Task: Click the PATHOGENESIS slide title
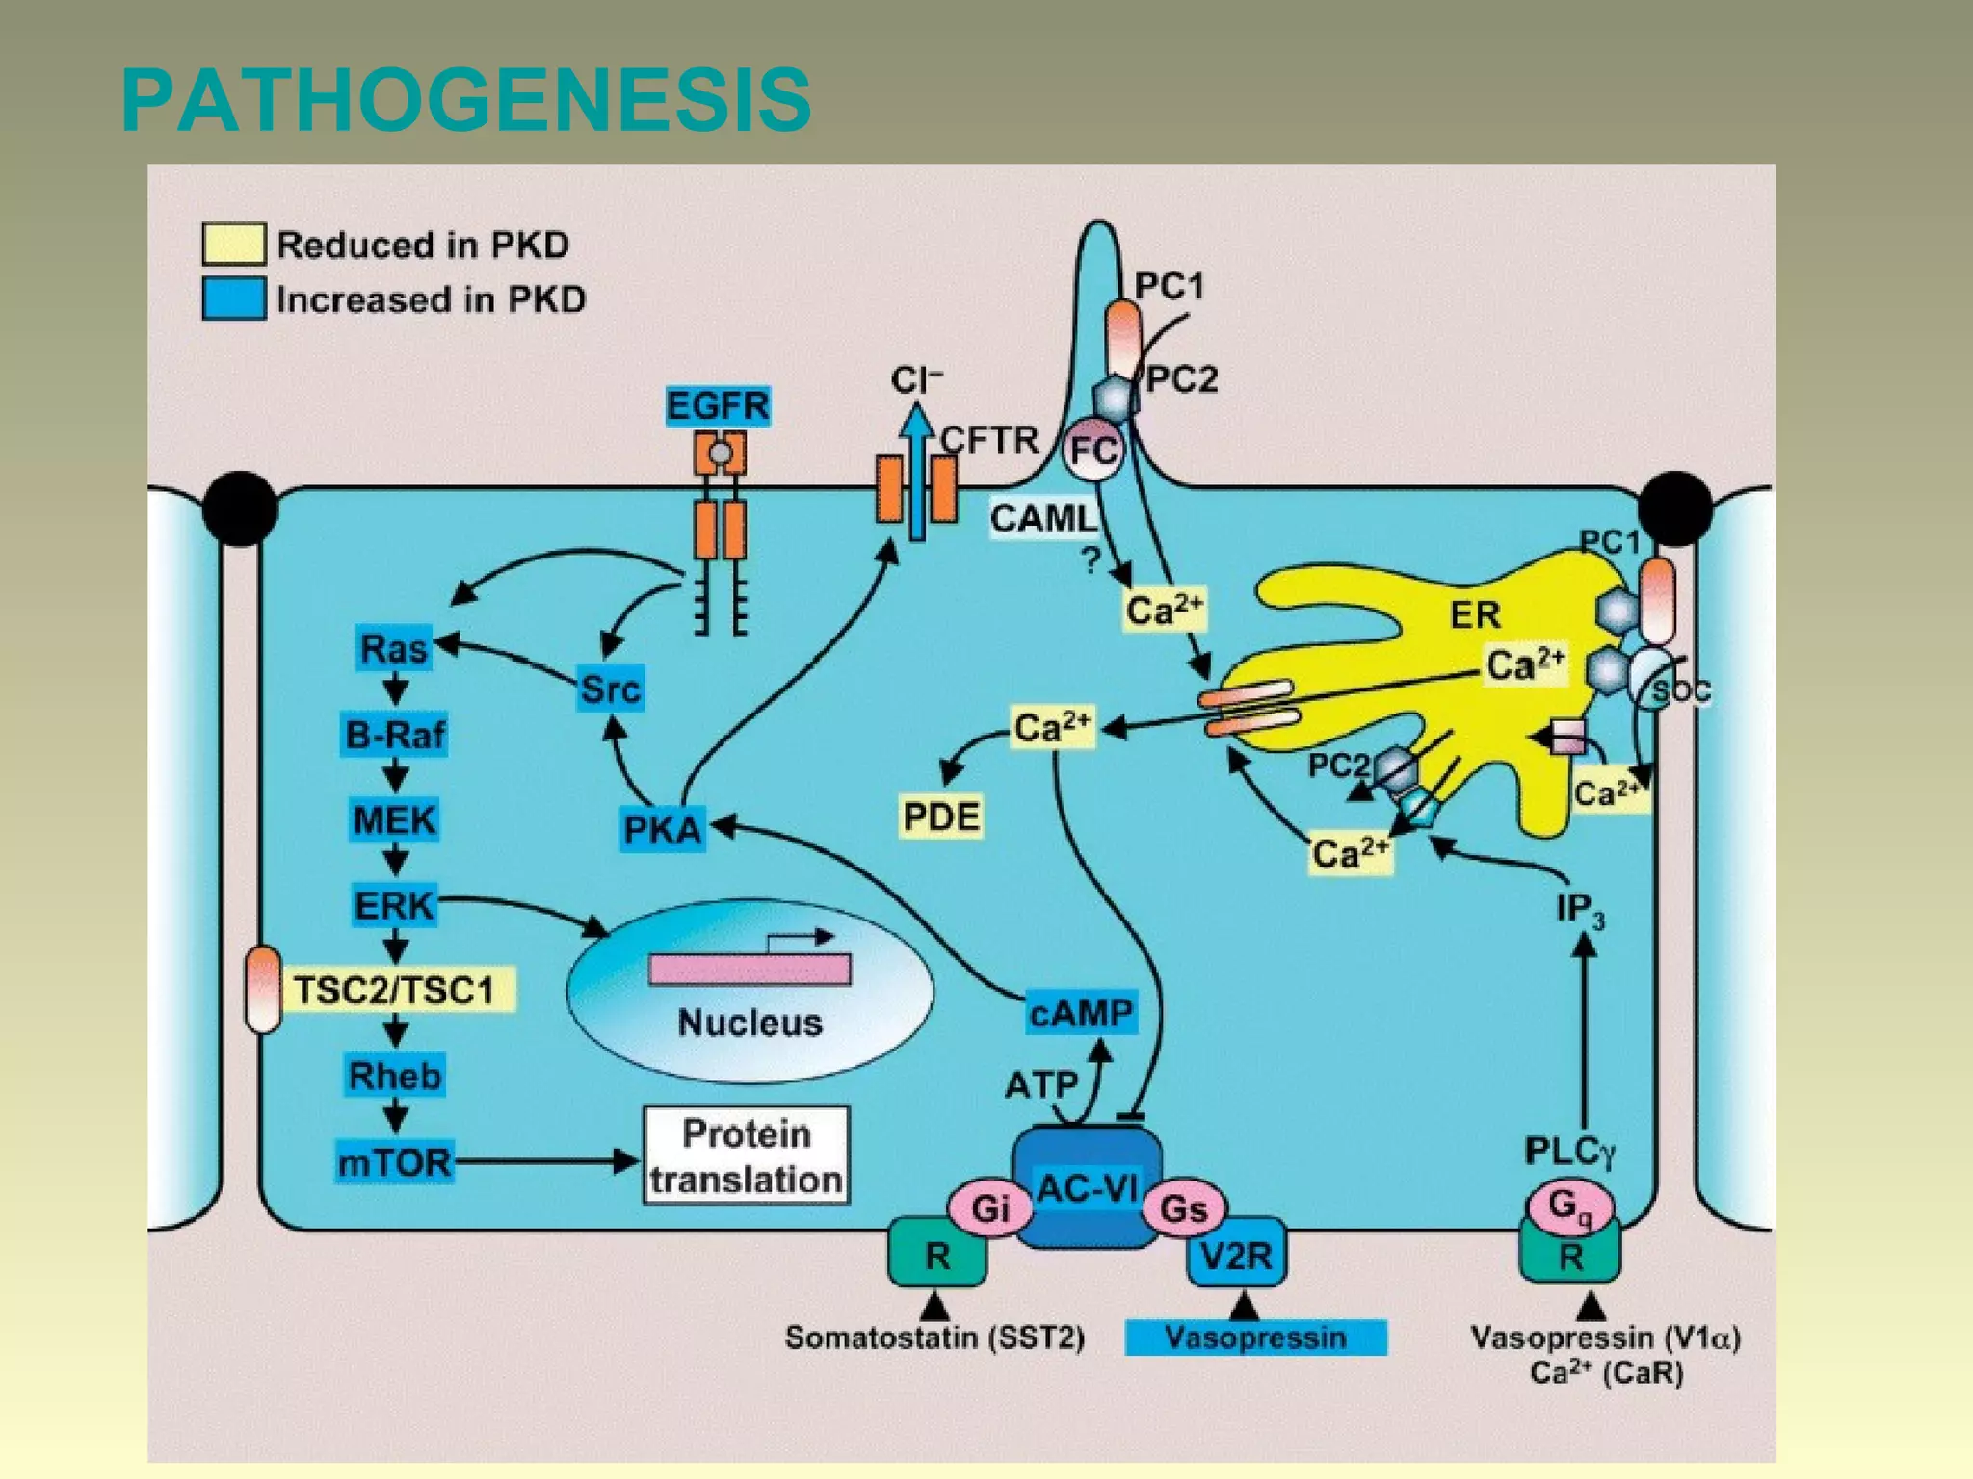[466, 100]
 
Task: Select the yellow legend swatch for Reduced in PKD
[233, 244]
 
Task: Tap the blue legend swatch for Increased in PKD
[233, 298]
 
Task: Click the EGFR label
[718, 405]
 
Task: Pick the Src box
[610, 689]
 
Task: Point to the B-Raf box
[395, 736]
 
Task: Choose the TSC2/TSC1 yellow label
[394, 990]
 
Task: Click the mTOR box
[394, 1162]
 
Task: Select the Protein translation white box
[747, 1155]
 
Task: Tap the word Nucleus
[750, 1023]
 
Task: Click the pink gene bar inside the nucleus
[750, 969]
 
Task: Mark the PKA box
[663, 829]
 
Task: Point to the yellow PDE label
[940, 817]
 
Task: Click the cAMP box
[1081, 1013]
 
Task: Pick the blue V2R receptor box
[1236, 1255]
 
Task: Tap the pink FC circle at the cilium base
[1093, 449]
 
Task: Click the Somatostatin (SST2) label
[934, 1337]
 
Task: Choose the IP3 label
[1580, 909]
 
